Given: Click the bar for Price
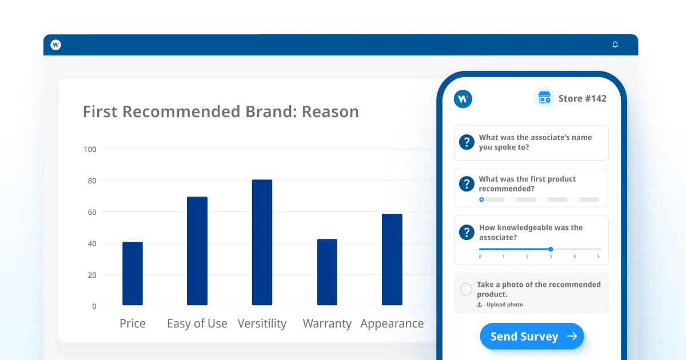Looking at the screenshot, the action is coord(133,273).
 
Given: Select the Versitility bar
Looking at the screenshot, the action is coord(262,242).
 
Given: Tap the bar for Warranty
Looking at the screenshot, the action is coord(327,272).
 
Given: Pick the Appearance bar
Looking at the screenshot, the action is coord(392,259).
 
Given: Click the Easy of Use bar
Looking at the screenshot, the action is coord(197,251).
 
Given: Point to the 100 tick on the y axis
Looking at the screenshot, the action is coord(90,149).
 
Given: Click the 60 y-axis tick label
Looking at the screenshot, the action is coord(92,212).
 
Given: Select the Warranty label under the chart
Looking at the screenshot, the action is coord(327,323).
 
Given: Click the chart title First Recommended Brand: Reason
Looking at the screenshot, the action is coord(221,111).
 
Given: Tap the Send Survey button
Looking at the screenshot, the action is coord(532,336).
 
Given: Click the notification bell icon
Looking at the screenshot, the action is coord(615,45).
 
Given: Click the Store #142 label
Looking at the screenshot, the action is coord(582,98).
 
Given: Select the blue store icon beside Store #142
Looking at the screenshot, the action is coord(544,98).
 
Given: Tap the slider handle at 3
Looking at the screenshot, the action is coord(551,249).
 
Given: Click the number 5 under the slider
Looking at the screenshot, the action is coord(598,257).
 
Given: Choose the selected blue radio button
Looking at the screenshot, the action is coord(481,199).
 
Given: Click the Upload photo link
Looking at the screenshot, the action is coord(500,305).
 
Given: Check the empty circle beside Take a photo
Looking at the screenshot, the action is coord(466,289).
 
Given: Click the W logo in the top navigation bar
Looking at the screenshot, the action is coord(56,45).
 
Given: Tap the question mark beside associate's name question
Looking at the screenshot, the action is coord(466,142).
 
